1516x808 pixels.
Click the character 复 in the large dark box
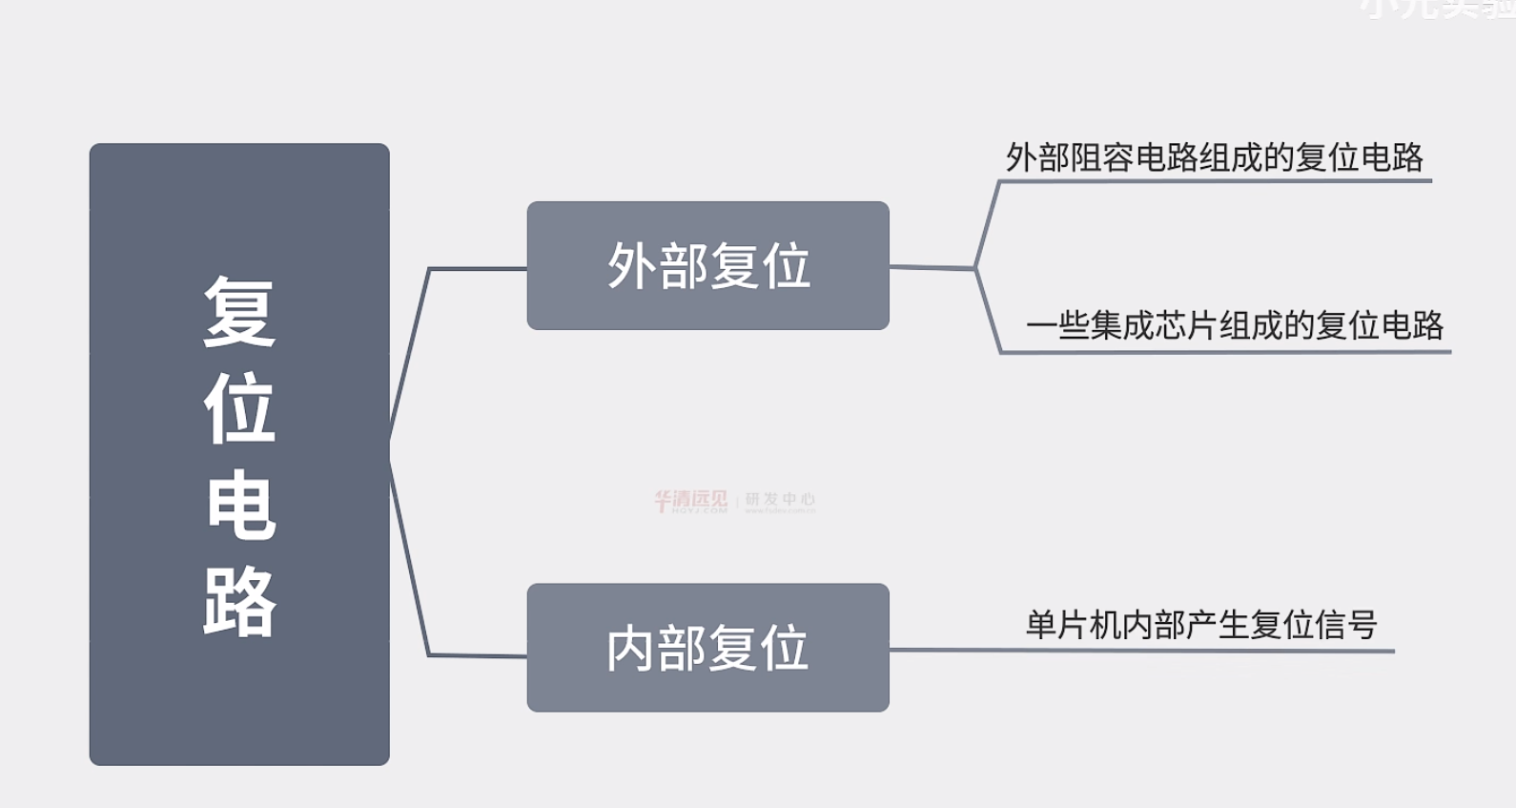239,311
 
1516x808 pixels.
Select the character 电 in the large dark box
239,506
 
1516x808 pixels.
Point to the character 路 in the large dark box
239,602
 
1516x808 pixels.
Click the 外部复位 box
707,265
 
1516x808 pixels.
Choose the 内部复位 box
707,648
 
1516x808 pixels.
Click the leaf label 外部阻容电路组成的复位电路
1214,157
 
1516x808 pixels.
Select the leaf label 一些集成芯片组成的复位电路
1235,326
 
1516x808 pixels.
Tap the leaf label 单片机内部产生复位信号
1201,626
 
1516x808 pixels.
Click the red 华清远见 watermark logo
690,501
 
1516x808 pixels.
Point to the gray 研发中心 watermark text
780,500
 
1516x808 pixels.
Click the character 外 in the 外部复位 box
632,266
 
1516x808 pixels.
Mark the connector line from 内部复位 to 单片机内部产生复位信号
953,651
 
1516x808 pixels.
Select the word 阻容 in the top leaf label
1102,157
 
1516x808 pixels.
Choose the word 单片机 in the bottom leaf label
1073,626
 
